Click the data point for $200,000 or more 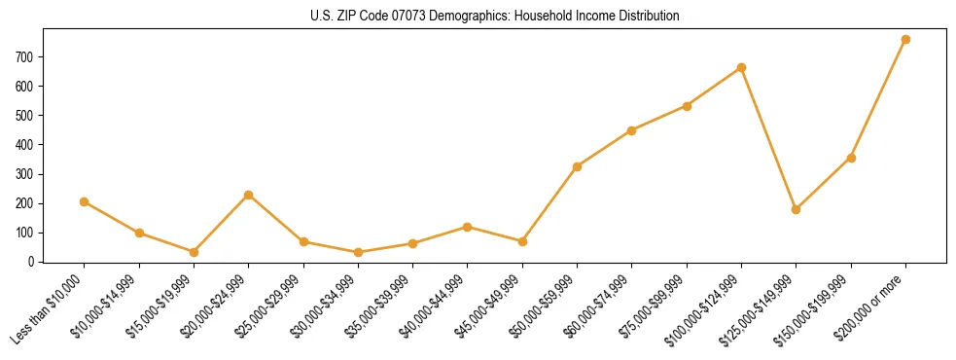point(905,39)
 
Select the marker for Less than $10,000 point(85,201)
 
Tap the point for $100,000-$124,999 point(741,67)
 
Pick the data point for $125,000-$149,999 point(796,209)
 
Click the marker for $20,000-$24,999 point(249,195)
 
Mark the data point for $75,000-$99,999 point(687,106)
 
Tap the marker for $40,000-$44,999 point(468,227)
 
